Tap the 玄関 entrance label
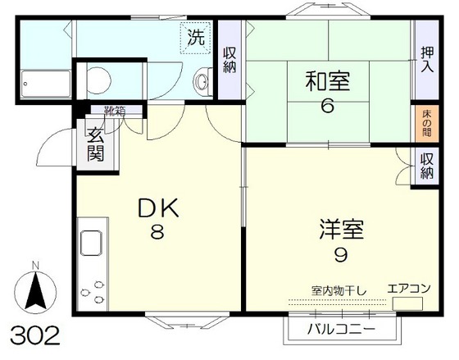pos(95,146)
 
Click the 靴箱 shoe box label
pos(114,111)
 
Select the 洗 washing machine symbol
pos(196,37)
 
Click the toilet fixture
pos(97,80)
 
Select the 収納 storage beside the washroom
pos(230,58)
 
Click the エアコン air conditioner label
pos(407,288)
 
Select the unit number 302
pos(34,335)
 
